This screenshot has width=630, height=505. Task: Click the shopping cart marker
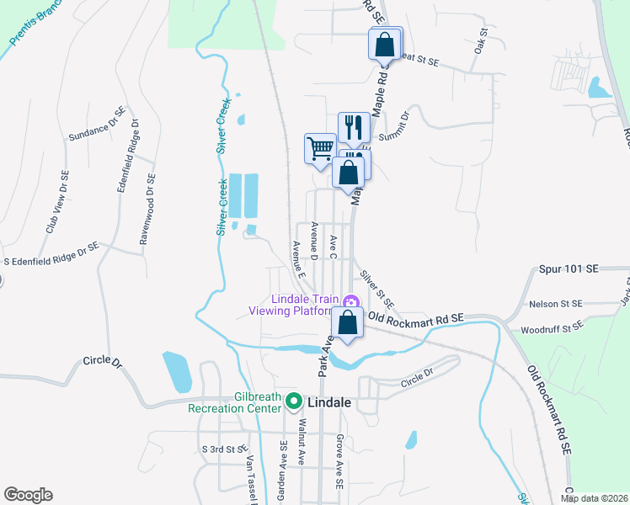click(320, 149)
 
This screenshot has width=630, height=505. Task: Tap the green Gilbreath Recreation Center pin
click(293, 401)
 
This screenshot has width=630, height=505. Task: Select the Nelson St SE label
click(554, 303)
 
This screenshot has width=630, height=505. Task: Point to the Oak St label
click(482, 42)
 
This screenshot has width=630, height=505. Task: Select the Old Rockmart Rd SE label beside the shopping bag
click(416, 319)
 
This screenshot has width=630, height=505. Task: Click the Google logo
click(28, 495)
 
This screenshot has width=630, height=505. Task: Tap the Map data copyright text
click(594, 498)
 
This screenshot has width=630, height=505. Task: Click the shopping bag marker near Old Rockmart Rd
click(348, 322)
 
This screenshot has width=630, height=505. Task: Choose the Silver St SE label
click(376, 288)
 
